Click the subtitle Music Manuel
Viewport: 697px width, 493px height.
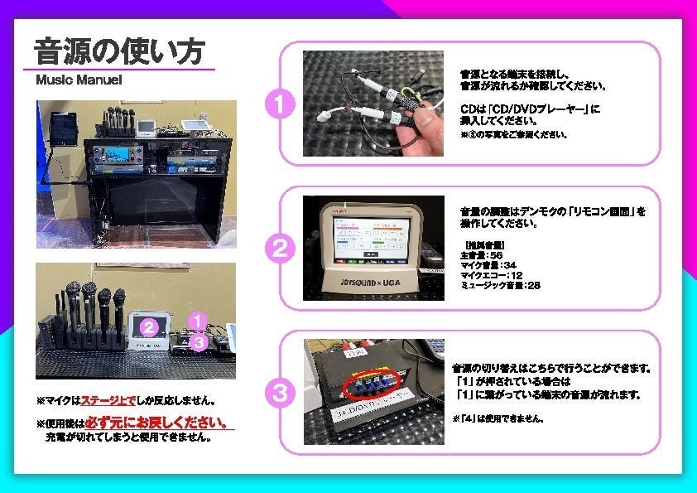pos(79,81)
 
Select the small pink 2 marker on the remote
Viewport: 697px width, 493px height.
pos(148,326)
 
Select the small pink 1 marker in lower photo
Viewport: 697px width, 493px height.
pos(195,318)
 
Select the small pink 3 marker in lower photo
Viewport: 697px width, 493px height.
pos(196,340)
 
